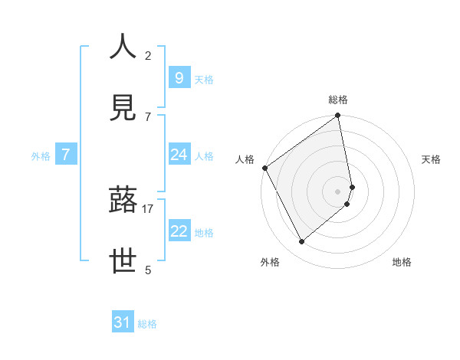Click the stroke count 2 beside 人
[x=148, y=56]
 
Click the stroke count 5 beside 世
[x=148, y=270]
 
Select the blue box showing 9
[x=179, y=77]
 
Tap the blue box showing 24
[x=179, y=155]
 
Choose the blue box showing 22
[x=179, y=231]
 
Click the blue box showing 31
[x=123, y=322]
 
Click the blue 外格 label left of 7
[x=41, y=156]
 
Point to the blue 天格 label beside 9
[x=204, y=79]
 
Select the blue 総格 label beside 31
[x=147, y=324]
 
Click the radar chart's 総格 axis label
[x=338, y=100]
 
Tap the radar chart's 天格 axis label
[x=432, y=159]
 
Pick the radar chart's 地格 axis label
[x=402, y=262]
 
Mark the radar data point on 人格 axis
[x=264, y=168]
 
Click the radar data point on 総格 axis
[x=338, y=116]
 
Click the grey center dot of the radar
[x=338, y=191]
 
